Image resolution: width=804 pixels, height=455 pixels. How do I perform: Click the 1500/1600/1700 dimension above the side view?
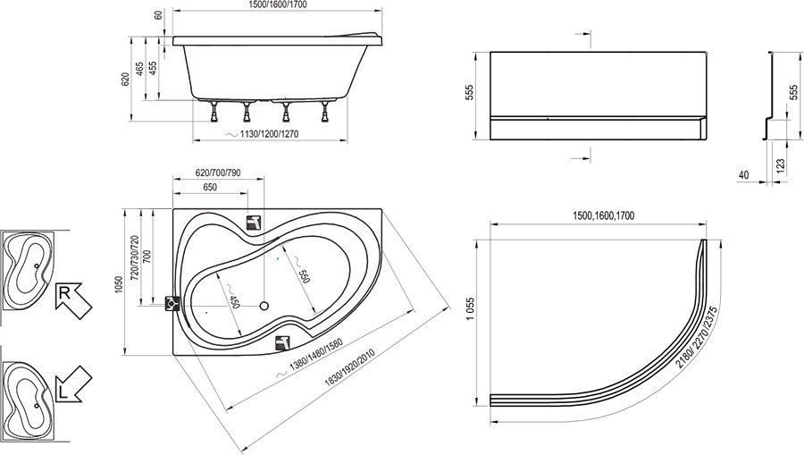coord(278,4)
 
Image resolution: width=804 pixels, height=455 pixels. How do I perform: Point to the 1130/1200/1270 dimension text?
coord(269,134)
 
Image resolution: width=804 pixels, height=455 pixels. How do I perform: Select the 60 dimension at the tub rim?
coord(158,14)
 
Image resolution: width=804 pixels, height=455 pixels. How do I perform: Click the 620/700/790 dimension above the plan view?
coord(218,173)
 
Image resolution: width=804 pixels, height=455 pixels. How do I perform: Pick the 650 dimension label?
coord(210,187)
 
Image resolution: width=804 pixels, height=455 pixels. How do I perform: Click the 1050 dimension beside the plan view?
coord(119,284)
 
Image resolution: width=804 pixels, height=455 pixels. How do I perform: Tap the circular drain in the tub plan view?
coord(264,307)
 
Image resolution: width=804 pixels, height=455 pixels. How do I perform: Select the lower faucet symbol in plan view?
coord(282,342)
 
